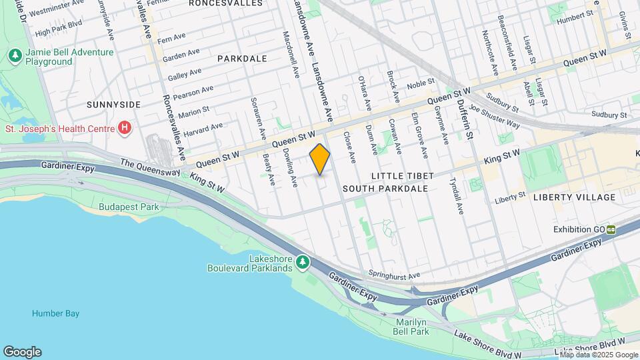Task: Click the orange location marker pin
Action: [x=320, y=159]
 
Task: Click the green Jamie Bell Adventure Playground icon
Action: [x=14, y=56]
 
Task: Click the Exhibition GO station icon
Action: [x=611, y=229]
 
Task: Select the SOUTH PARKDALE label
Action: [x=385, y=189]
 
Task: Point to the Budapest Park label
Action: [x=129, y=207]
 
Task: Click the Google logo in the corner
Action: [x=21, y=351]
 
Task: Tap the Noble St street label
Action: [x=421, y=83]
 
